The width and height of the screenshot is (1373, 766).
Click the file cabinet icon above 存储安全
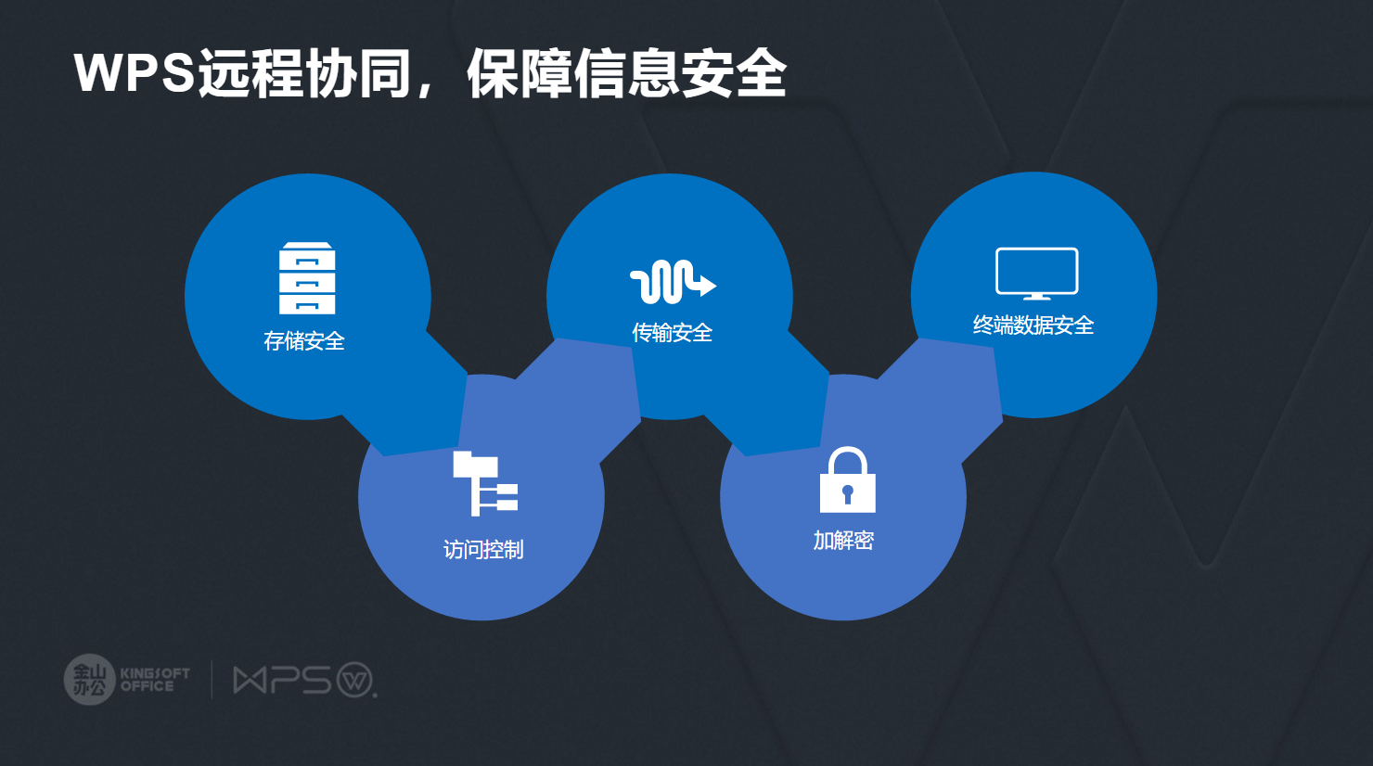pyautogui.click(x=307, y=278)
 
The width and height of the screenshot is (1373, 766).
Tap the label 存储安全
pyautogui.click(x=304, y=341)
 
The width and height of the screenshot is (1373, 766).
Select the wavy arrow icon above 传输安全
pyautogui.click(x=673, y=282)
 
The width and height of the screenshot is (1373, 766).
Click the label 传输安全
pyautogui.click(x=673, y=333)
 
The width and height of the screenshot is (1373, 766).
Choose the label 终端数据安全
pyautogui.click(x=1033, y=326)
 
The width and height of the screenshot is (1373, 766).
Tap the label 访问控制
pyautogui.click(x=483, y=550)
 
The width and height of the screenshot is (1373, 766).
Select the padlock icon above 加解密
pyautogui.click(x=847, y=480)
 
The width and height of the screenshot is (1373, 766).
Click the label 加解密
pyautogui.click(x=844, y=541)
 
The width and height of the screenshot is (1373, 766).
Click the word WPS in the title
pyautogui.click(x=135, y=73)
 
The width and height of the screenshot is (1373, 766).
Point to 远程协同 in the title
pyautogui.click(x=304, y=73)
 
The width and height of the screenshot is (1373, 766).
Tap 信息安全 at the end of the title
pyautogui.click(x=680, y=73)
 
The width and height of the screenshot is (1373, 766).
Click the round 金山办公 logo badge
pyautogui.click(x=89, y=680)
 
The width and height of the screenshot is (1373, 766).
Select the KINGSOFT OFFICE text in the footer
pyautogui.click(x=155, y=680)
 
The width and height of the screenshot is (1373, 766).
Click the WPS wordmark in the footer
pyautogui.click(x=282, y=681)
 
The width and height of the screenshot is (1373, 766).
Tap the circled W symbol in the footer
pyautogui.click(x=355, y=680)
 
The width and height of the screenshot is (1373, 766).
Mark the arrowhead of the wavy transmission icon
pyautogui.click(x=707, y=285)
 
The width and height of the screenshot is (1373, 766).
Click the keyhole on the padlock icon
pyautogui.click(x=847, y=492)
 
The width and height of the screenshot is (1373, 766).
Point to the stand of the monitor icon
pyautogui.click(x=1036, y=297)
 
